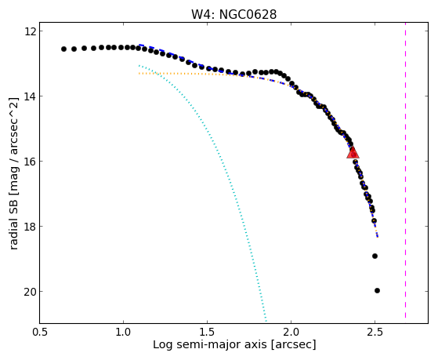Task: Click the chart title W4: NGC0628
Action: (x=233, y=14)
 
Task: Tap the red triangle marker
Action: (x=353, y=153)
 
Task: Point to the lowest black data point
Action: (x=377, y=291)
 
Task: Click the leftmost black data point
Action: (x=63, y=49)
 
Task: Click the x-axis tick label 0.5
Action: (x=39, y=332)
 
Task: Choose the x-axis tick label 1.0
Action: (x=123, y=332)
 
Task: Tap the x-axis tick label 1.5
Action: (x=207, y=332)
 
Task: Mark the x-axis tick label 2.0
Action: (x=291, y=332)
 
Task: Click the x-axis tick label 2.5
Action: (x=375, y=332)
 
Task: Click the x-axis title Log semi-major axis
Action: (x=210, y=345)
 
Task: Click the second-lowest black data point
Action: (x=375, y=256)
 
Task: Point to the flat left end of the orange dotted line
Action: (x=139, y=73)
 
